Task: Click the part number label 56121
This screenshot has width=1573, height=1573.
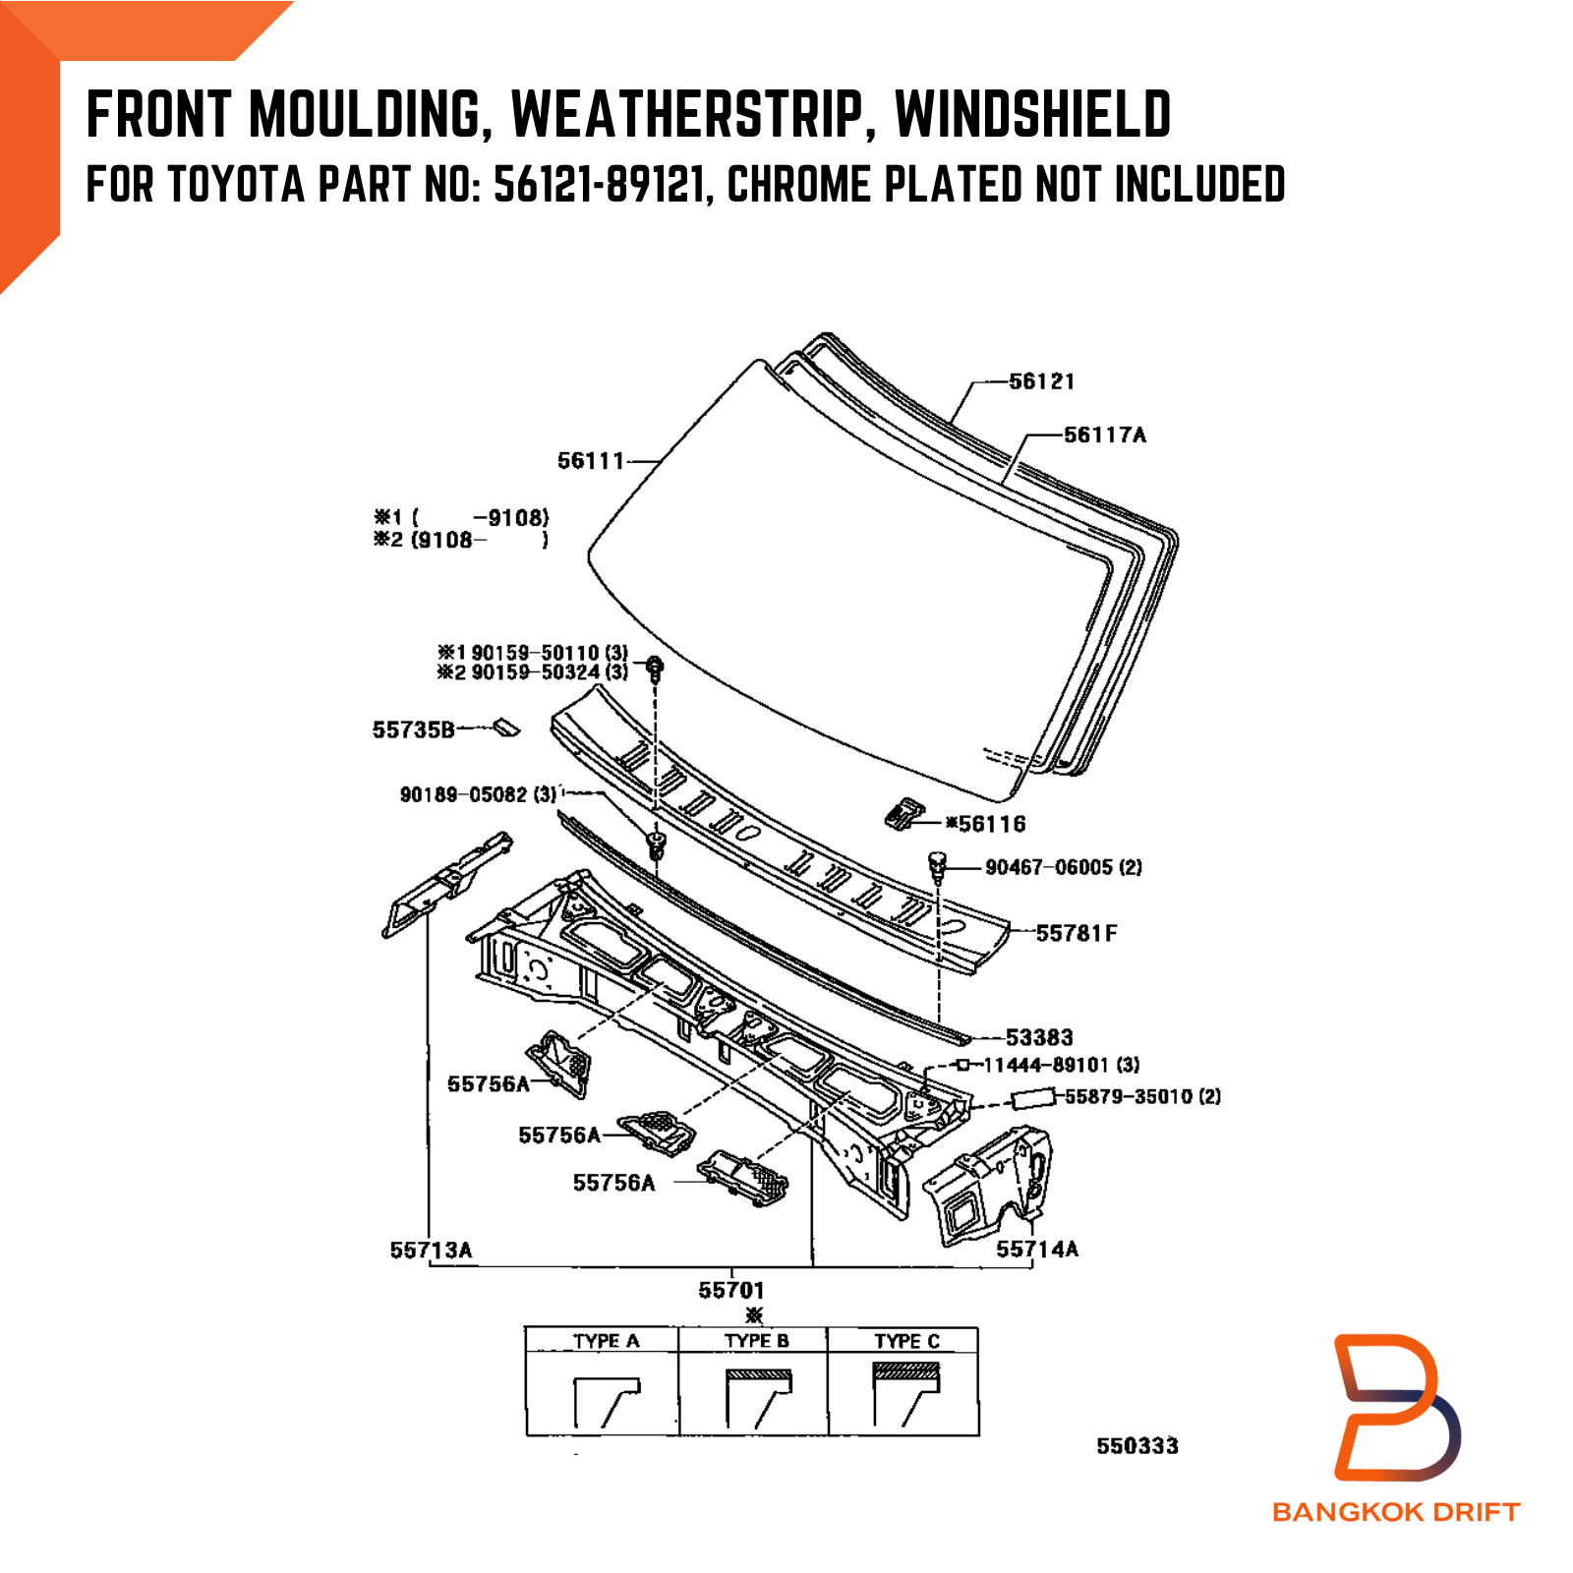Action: point(1042,381)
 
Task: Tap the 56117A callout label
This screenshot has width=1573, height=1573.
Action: point(1105,435)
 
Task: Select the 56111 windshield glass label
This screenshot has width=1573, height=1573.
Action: point(591,460)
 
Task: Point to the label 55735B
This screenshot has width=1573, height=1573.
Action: point(413,729)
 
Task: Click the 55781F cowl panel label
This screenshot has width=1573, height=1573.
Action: point(1077,933)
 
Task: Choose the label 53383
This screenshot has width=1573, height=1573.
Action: point(1039,1037)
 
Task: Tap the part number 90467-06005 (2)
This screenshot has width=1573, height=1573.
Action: point(1064,867)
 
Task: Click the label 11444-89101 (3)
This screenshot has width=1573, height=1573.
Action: point(1062,1065)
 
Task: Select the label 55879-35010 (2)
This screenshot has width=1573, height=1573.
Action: point(1142,1096)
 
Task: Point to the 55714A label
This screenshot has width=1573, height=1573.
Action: point(1037,1250)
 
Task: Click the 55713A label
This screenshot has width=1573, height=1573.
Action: point(431,1251)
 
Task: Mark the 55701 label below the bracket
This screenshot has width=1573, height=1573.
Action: point(731,1290)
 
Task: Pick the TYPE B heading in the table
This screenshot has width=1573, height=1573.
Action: point(756,1341)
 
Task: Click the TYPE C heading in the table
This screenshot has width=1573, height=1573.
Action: point(906,1341)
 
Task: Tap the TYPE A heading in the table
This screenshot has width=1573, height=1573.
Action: point(606,1341)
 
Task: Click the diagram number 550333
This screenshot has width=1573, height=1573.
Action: point(1137,1446)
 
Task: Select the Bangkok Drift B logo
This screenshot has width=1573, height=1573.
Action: point(1396,1406)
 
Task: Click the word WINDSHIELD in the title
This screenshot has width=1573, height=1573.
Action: point(1032,114)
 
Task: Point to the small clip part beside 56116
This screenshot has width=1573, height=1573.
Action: point(903,814)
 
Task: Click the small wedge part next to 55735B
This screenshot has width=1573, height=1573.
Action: point(506,728)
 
